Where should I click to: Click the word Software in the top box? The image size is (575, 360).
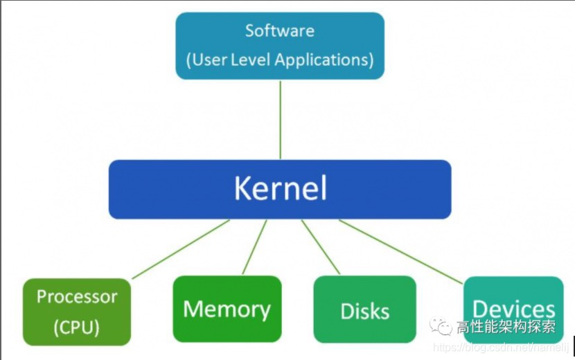tap(279, 31)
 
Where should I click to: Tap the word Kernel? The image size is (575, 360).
tap(280, 188)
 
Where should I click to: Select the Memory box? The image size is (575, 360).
tap(227, 309)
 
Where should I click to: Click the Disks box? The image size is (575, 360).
tap(364, 311)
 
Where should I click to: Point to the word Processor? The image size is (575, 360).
tap(77, 297)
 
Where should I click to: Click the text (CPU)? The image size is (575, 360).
tap(76, 327)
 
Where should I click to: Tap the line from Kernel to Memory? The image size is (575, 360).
tap(254, 247)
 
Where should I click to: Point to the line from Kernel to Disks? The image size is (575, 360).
tap(321, 247)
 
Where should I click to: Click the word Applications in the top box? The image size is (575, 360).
tap(324, 60)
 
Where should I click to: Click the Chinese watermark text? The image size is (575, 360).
tap(505, 327)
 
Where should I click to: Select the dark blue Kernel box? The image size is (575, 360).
tap(152, 189)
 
